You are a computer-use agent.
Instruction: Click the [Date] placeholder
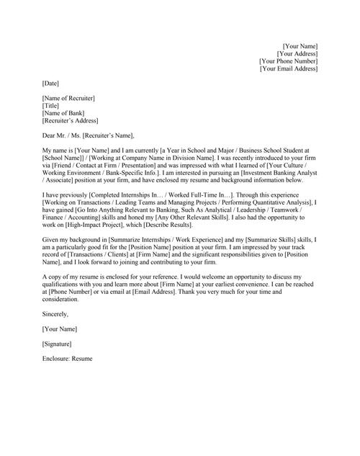51,84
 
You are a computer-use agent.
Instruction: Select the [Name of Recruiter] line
68,98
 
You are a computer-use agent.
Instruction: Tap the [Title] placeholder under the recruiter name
51,105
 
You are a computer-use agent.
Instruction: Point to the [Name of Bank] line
65,113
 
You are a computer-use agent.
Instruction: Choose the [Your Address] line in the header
297,53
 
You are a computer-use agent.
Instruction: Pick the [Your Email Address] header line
289,68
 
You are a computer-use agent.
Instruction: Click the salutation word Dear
50,135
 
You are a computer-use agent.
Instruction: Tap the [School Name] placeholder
63,157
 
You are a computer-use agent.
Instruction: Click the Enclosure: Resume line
68,358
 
